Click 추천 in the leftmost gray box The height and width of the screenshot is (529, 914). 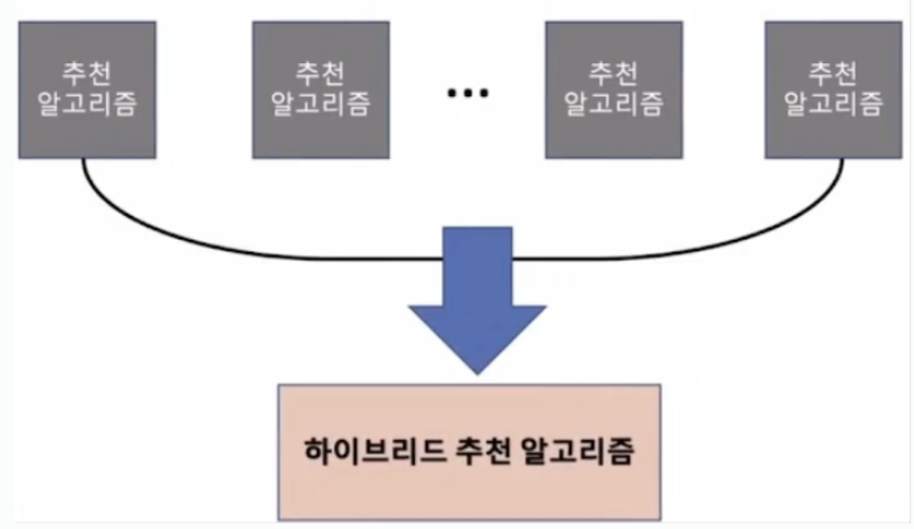click(87, 74)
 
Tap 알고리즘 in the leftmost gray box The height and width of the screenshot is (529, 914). click(87, 104)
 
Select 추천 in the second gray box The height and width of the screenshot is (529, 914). click(320, 74)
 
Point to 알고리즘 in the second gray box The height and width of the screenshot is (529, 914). click(321, 104)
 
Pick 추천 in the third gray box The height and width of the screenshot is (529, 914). click(613, 74)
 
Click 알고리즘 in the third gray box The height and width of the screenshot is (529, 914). click(614, 104)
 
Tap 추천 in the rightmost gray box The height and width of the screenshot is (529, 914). click(833, 74)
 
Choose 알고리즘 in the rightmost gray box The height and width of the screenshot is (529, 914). click(833, 104)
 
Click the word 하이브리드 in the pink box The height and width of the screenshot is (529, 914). click(375, 452)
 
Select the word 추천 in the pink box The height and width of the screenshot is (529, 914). click(483, 452)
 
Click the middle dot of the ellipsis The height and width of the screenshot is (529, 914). click(468, 93)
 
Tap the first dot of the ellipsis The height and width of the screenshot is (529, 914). click(452, 93)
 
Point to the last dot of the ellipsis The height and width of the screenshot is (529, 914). click(484, 93)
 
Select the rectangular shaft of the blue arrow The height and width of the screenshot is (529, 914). click(477, 266)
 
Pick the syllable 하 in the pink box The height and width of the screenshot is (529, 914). click(318, 452)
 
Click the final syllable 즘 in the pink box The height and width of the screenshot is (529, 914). click(621, 452)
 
